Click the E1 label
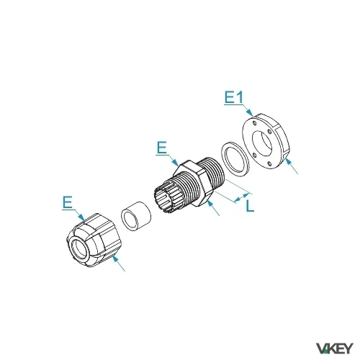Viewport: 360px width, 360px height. click(234, 97)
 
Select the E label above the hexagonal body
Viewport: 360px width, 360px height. click(162, 148)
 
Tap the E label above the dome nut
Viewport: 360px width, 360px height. click(68, 202)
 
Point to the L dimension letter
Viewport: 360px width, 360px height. click(250, 206)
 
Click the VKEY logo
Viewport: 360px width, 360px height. click(335, 348)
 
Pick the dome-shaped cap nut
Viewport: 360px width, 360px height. click(94, 240)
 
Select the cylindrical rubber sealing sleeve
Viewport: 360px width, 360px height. click(136, 216)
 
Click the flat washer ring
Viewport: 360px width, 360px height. click(235, 159)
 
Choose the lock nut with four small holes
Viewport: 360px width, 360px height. click(266, 141)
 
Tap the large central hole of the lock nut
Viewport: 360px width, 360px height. click(262, 143)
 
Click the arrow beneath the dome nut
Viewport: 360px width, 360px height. click(119, 264)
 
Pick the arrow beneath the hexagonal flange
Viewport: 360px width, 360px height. click(213, 208)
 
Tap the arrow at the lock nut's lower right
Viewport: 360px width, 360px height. click(292, 166)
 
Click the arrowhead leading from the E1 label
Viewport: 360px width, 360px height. click(250, 112)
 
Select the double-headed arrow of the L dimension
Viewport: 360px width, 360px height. click(242, 197)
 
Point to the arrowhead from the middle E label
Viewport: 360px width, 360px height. click(175, 162)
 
